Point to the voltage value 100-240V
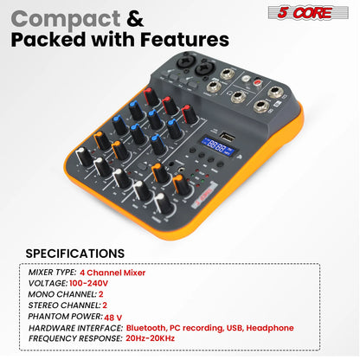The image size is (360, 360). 89,283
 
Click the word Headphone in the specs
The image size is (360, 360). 268,328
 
